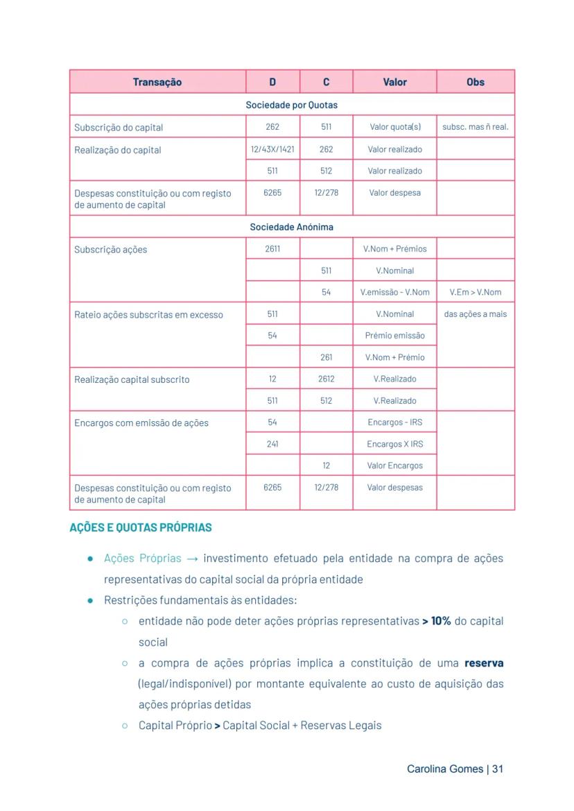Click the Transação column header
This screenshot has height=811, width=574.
click(157, 82)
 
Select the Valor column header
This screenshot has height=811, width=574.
click(394, 82)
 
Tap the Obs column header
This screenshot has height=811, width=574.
click(475, 82)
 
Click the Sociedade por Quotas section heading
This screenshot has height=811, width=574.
click(292, 105)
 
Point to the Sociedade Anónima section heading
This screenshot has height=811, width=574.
click(292, 227)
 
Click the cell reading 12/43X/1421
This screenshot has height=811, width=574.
click(272, 149)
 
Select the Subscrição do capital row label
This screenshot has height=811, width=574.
click(119, 128)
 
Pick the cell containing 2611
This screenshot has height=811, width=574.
click(272, 248)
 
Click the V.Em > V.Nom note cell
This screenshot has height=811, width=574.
click(475, 292)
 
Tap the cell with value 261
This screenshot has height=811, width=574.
click(326, 357)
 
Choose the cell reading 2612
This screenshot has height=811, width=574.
click(326, 379)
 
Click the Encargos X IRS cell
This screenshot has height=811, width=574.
click(394, 444)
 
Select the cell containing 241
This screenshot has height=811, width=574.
click(272, 444)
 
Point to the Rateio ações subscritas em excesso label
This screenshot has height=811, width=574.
click(148, 315)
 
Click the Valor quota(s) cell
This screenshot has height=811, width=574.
click(394, 127)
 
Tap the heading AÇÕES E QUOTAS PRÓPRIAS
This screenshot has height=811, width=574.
click(141, 527)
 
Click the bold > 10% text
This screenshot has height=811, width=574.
click(437, 621)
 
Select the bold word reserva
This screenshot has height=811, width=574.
click(484, 663)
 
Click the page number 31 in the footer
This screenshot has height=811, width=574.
click(497, 769)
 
